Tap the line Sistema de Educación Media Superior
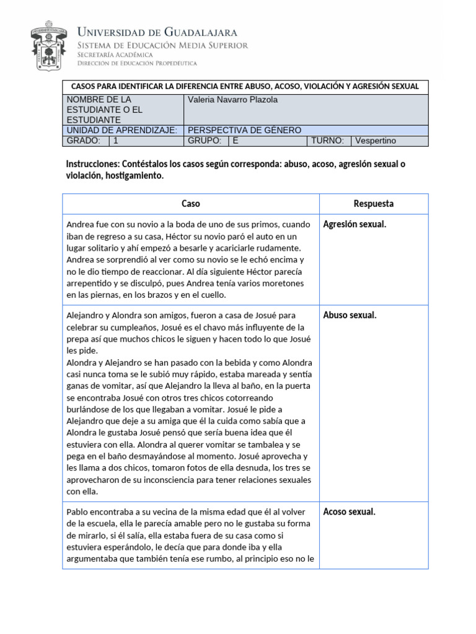[x=162, y=45]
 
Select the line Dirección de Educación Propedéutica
[x=137, y=63]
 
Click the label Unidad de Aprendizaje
[x=121, y=130]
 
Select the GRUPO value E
[x=236, y=141]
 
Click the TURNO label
[x=328, y=141]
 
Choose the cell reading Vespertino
[x=376, y=141]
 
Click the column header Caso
[x=190, y=204]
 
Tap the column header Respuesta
[x=373, y=204]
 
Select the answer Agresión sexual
[x=355, y=224]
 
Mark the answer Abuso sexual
[x=350, y=315]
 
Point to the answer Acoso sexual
[x=349, y=511]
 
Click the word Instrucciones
[x=92, y=164]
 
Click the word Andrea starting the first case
[x=79, y=225]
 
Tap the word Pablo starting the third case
[x=77, y=512]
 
